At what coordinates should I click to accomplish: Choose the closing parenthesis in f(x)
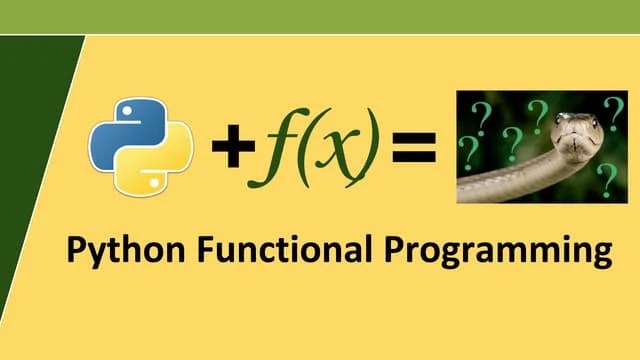[x=372, y=150]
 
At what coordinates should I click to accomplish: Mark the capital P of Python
[x=76, y=247]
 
